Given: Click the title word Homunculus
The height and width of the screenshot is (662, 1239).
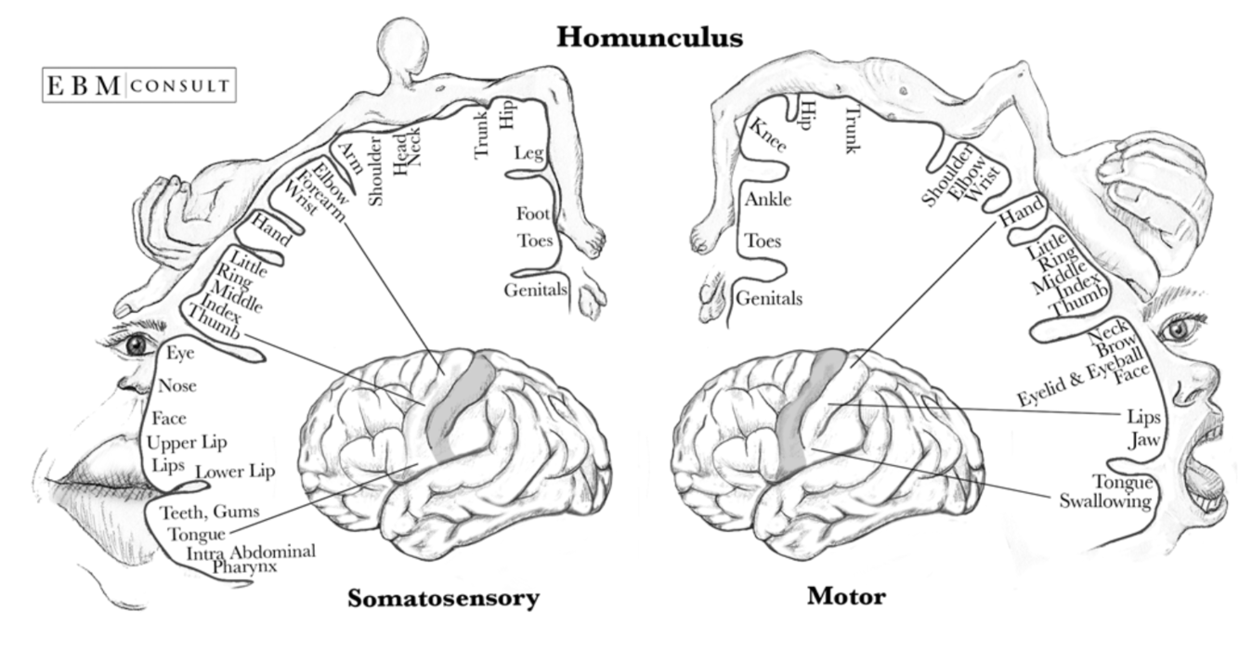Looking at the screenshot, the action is pyautogui.click(x=649, y=37).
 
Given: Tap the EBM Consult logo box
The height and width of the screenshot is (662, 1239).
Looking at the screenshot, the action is pyautogui.click(x=139, y=85).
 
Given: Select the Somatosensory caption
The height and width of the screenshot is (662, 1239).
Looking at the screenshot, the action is pyautogui.click(x=443, y=598).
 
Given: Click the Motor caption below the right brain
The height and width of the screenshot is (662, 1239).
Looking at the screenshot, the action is pyautogui.click(x=845, y=595).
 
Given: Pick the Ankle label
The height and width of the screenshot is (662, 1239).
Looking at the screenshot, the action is pyautogui.click(x=767, y=199).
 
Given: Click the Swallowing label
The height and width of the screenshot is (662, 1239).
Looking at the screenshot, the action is pyautogui.click(x=1105, y=501).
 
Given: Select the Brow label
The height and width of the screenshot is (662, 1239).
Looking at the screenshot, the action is pyautogui.click(x=1114, y=347).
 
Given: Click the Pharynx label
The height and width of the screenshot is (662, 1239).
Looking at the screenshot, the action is pyautogui.click(x=244, y=565).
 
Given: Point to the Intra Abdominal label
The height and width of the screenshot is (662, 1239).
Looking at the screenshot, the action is pyautogui.click(x=251, y=552).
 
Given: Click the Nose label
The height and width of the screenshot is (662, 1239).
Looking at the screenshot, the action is pyautogui.click(x=176, y=385).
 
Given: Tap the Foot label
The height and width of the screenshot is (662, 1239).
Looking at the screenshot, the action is pyautogui.click(x=533, y=214).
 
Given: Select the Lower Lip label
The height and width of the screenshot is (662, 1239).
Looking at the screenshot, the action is pyautogui.click(x=235, y=472).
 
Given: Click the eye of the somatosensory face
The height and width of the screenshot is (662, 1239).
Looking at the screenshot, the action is pyautogui.click(x=137, y=344).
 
